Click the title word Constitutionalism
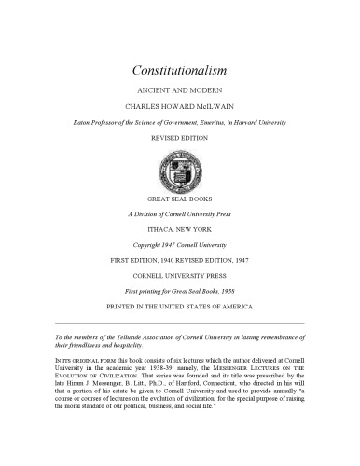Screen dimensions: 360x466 click(x=179, y=70)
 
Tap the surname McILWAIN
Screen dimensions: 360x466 click(x=211, y=106)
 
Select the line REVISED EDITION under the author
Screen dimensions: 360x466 click(x=179, y=136)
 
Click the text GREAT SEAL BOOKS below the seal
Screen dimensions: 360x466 click(x=179, y=200)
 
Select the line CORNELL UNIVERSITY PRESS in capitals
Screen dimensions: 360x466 click(x=179, y=274)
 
